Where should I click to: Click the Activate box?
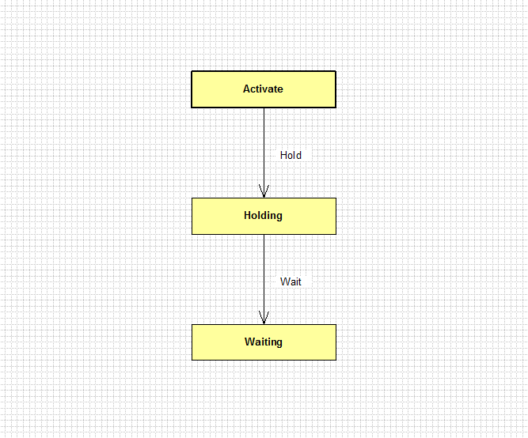coord(264,89)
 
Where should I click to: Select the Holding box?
coord(264,216)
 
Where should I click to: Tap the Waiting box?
coord(264,342)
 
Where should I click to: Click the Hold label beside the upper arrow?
coord(291,155)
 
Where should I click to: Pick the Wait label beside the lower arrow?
coord(291,281)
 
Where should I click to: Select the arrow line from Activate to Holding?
coord(264,153)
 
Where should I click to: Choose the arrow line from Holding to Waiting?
coord(264,279)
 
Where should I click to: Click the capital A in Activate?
coord(247,89)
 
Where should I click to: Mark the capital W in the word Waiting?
coord(249,342)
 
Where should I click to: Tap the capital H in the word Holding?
coord(248,215)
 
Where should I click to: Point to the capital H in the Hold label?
coord(283,155)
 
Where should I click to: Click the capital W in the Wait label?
coord(285,281)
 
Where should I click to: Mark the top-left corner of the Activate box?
coord(192,71)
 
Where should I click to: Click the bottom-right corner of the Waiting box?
coord(336,361)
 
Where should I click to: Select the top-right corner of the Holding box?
coord(336,198)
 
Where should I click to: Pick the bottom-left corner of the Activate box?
coord(192,108)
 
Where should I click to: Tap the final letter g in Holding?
coord(279,217)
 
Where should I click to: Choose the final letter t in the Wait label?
coord(299,282)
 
